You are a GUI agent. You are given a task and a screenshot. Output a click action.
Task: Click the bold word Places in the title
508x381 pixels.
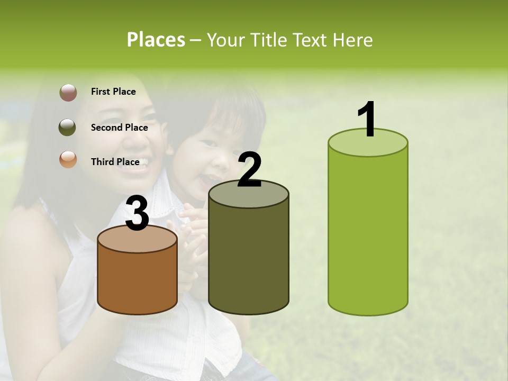pos(156,40)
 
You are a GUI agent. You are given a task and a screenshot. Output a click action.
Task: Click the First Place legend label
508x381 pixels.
pos(113,92)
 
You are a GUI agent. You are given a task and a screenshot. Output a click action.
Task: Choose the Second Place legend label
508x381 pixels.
pos(119,128)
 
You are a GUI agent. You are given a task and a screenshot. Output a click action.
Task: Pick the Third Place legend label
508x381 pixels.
pos(115,162)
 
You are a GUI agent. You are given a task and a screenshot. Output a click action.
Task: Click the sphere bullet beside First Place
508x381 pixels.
pos(68,93)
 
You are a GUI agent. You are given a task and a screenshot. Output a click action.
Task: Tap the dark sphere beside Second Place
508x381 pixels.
pos(67,128)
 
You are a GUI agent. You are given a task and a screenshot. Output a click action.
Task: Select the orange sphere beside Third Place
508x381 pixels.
pos(68,160)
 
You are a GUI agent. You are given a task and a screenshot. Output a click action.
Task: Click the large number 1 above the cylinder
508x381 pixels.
pos(367,120)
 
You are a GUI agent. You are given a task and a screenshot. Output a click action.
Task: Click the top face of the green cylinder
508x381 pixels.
pos(368,143)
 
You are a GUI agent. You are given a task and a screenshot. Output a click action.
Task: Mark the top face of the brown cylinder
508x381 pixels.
pos(137,240)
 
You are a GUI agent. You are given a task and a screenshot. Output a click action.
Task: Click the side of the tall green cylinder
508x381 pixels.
pos(368,233)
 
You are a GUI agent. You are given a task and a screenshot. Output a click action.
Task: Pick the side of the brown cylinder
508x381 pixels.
pos(137,280)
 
